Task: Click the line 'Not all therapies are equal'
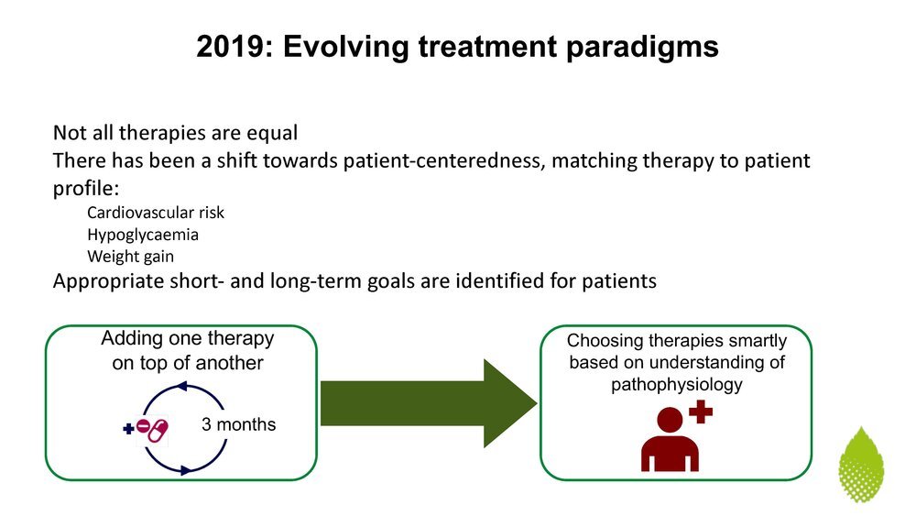[175, 133]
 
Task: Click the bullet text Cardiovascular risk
[156, 213]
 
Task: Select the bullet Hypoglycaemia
[143, 235]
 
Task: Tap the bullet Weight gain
[130, 257]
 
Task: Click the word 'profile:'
[86, 189]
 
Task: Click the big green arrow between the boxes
[429, 403]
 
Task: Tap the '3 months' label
[238, 424]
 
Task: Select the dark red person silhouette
[670, 439]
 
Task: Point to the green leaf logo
[861, 465]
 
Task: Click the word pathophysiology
[677, 385]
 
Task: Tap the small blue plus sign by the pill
[128, 430]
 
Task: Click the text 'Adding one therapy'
[188, 338]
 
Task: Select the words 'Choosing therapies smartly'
[677, 341]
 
